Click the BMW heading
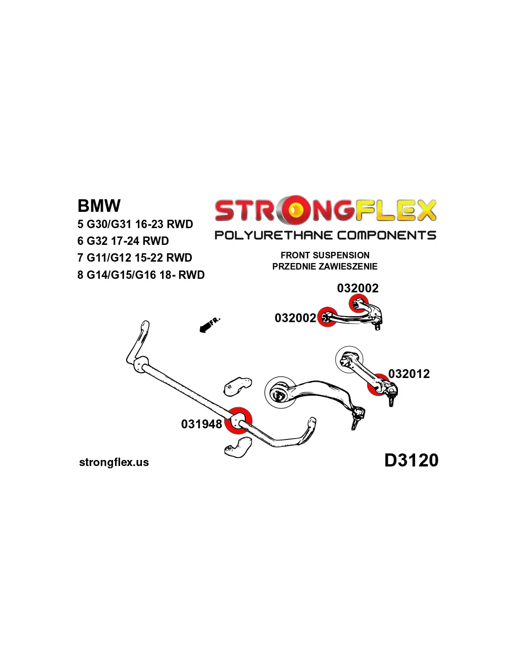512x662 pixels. (99, 206)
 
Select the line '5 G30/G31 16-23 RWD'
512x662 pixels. (135, 224)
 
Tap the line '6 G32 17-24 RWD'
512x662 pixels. (123, 241)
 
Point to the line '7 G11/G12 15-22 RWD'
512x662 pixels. (135, 258)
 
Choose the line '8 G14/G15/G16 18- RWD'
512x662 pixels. (141, 275)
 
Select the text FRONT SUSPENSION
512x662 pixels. (324, 255)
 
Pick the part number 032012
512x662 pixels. (409, 374)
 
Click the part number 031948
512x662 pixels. (202, 424)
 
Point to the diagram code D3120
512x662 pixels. (411, 460)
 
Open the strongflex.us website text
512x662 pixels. (114, 462)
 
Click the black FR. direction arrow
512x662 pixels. (204, 328)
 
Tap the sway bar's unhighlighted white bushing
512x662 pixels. (141, 364)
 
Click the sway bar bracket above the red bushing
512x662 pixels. (237, 386)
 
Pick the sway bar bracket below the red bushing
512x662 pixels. (238, 448)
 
